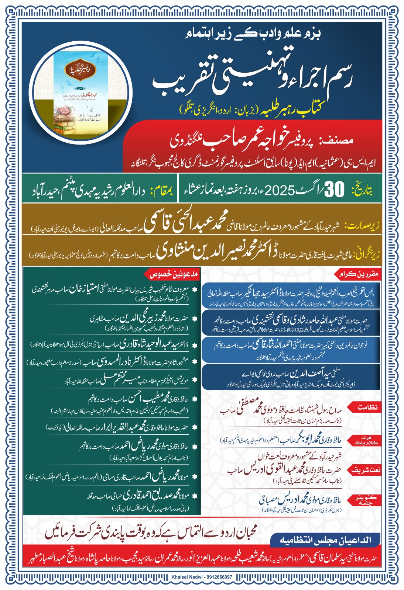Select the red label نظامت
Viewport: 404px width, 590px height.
coord(367,407)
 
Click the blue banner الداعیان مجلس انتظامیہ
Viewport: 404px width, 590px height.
coord(325,541)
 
